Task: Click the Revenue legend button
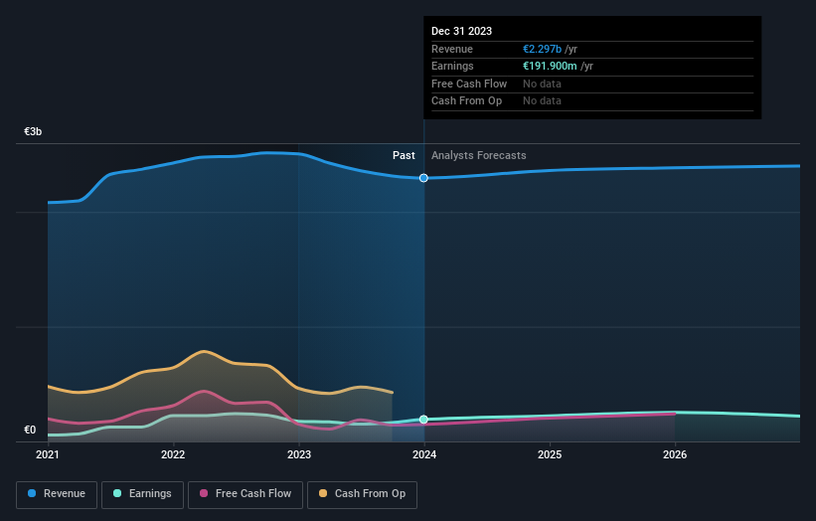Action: point(57,493)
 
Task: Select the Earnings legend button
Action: point(143,493)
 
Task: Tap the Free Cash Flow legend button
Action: point(245,493)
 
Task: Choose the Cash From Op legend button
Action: point(363,493)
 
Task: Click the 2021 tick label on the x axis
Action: point(48,455)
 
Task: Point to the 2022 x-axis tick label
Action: point(173,455)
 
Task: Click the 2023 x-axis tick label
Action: point(298,455)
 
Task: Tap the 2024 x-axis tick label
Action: point(424,455)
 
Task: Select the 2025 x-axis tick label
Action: point(550,455)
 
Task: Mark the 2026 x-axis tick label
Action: point(675,455)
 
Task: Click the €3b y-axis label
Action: point(34,131)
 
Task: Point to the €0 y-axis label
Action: point(30,430)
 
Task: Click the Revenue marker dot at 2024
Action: point(424,178)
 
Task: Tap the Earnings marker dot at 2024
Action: point(424,420)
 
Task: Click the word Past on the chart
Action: point(404,155)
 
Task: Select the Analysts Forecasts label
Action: point(479,155)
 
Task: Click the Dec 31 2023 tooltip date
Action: point(461,32)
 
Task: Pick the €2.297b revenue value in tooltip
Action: point(546,50)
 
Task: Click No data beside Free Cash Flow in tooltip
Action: point(542,84)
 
